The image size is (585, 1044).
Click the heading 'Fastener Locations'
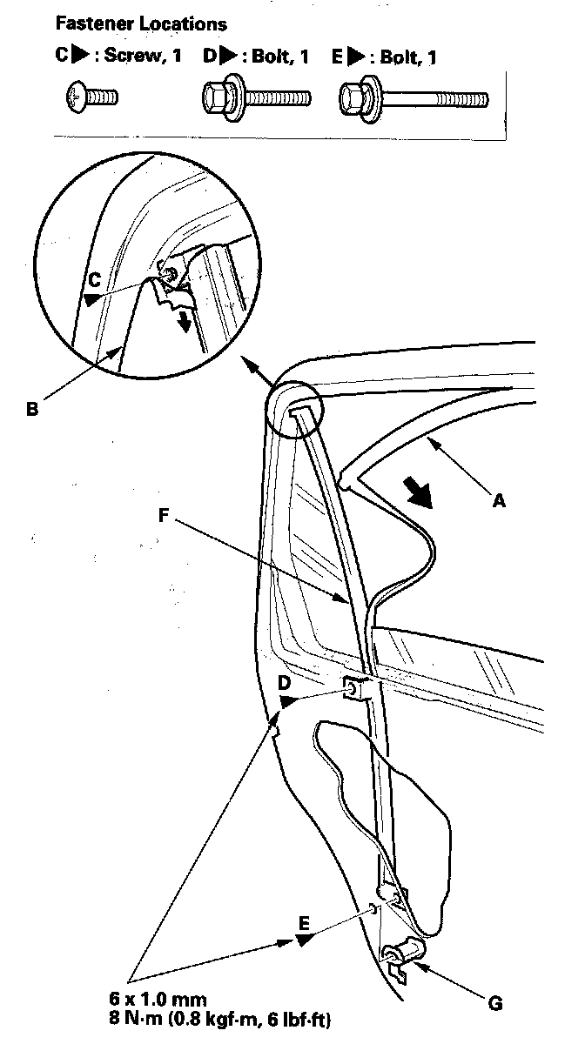140,24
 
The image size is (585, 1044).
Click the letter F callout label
165,514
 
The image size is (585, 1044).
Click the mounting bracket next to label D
360,690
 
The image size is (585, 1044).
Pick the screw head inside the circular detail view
171,273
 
